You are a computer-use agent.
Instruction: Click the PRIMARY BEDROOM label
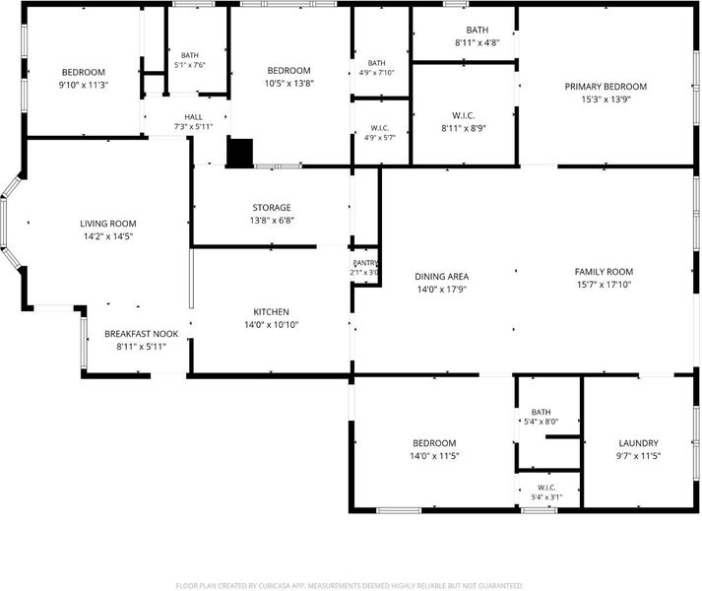[606, 87]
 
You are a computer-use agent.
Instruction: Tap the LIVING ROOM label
[108, 224]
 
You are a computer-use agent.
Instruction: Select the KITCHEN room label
[272, 312]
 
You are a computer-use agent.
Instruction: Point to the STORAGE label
[272, 208]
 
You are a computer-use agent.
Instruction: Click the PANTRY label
[365, 263]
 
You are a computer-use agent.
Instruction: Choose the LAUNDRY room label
[638, 443]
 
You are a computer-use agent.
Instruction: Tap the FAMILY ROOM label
[604, 272]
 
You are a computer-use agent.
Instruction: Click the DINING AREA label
[442, 277]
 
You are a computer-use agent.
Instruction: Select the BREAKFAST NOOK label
[142, 334]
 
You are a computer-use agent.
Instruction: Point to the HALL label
[193, 117]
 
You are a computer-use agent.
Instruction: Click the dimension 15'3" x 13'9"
[606, 99]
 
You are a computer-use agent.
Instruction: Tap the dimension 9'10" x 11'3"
[84, 85]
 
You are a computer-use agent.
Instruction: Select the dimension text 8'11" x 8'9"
[464, 128]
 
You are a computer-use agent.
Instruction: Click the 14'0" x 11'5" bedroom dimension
[434, 456]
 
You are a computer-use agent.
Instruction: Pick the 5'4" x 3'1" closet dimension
[546, 496]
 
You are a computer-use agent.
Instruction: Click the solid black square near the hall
[240, 153]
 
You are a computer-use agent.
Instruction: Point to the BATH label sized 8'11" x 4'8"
[478, 30]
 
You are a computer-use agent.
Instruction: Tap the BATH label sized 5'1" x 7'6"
[190, 55]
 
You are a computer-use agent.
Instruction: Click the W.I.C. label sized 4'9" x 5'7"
[380, 128]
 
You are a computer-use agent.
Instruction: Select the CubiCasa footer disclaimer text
[350, 586]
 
